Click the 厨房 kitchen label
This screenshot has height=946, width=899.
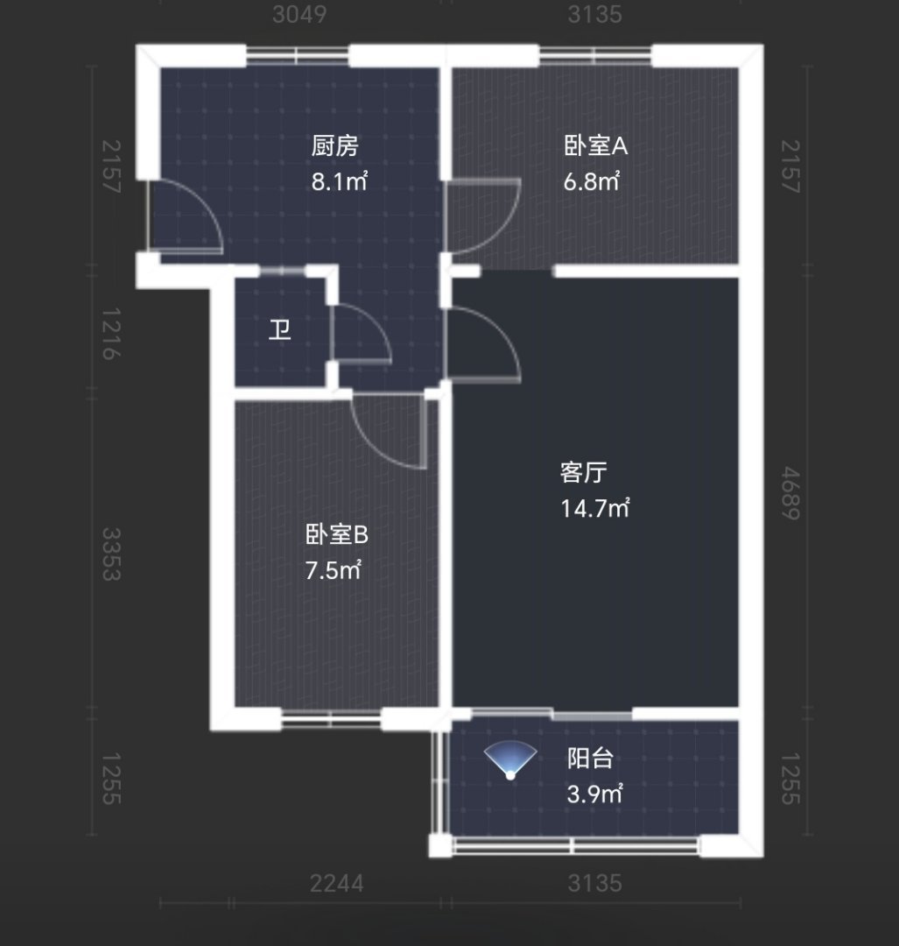[334, 146]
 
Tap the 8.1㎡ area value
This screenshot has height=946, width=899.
[339, 181]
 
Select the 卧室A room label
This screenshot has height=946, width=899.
[596, 146]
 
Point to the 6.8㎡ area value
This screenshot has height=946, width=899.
[592, 181]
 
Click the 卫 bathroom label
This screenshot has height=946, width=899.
[280, 330]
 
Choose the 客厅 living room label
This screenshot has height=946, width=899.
[583, 472]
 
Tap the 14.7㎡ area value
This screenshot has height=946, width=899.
[595, 509]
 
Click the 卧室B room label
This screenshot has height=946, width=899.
[336, 534]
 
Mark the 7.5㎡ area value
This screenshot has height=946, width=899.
[334, 570]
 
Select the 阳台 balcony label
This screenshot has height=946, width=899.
[590, 759]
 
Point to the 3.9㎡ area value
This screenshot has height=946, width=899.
[594, 794]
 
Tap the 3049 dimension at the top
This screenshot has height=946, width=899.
[299, 15]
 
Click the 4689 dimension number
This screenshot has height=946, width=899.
[790, 493]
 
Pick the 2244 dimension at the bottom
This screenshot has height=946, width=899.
[336, 884]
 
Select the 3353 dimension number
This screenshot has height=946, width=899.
[111, 554]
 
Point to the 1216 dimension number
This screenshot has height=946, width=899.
[111, 334]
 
